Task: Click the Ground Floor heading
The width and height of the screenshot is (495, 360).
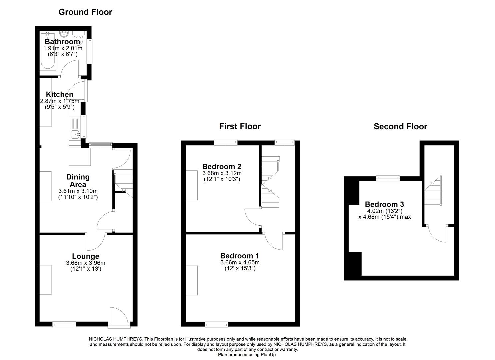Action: (x=85, y=12)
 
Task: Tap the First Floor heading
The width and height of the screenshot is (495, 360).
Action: (x=240, y=126)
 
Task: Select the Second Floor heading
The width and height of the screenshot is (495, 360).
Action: (x=400, y=127)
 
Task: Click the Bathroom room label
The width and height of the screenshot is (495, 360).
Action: (x=62, y=42)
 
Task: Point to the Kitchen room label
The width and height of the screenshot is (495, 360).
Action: (x=60, y=95)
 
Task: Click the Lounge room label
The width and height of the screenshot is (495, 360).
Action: (x=86, y=256)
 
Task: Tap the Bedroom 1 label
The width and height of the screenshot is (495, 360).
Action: (x=239, y=256)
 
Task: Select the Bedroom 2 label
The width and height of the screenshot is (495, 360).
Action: (x=222, y=167)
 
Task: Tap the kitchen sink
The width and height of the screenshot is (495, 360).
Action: (x=75, y=135)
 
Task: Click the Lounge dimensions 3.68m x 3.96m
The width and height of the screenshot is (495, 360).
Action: (x=86, y=263)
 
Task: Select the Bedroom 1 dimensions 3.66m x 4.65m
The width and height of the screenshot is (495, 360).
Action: (x=240, y=262)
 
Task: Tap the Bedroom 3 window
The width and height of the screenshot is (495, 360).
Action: (x=388, y=178)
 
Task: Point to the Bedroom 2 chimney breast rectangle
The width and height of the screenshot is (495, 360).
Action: (x=192, y=185)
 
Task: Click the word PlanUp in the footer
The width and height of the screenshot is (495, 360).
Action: (x=269, y=355)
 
